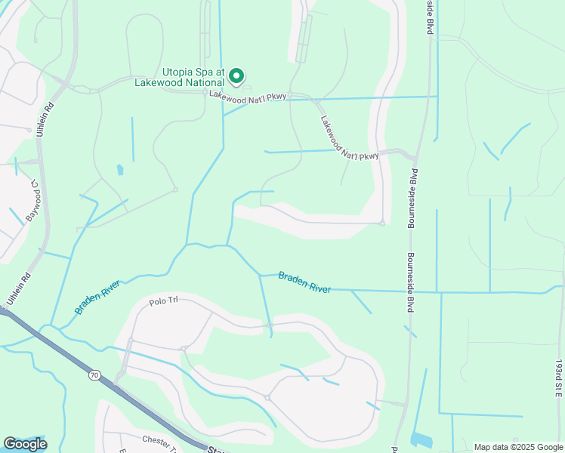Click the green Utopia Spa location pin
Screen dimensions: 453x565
[x=236, y=75]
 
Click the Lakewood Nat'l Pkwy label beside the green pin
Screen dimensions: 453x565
[x=248, y=97]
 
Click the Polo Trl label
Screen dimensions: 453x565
[x=162, y=300]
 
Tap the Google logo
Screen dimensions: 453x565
[x=25, y=444]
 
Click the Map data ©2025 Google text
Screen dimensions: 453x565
[x=518, y=447]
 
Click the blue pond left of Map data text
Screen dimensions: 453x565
[x=421, y=439]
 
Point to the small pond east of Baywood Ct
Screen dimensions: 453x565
[x=120, y=170]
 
